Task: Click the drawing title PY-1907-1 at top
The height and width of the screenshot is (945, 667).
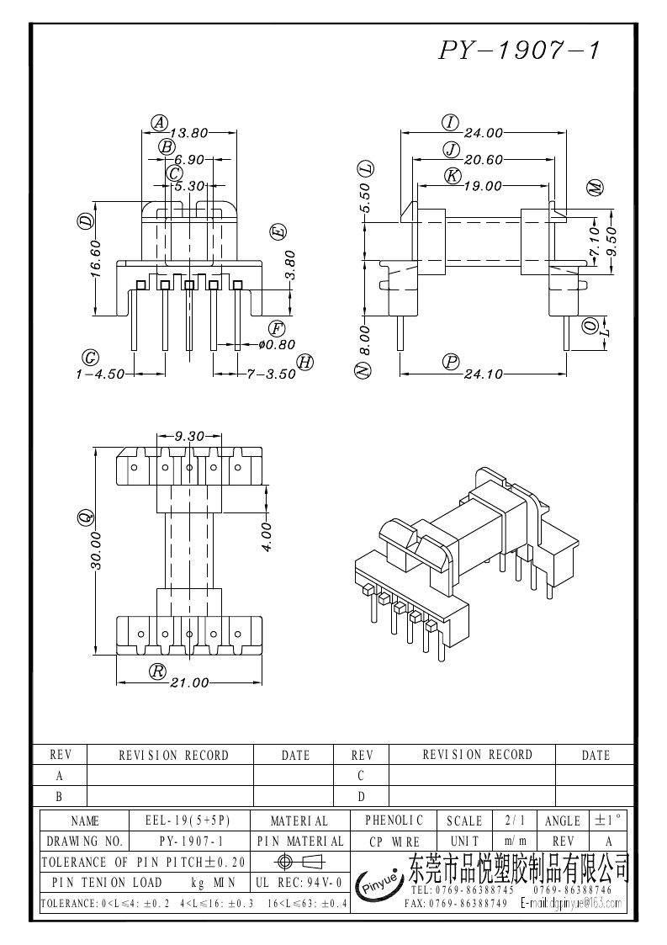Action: pos(519,51)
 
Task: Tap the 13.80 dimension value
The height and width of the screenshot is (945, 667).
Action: pos(189,132)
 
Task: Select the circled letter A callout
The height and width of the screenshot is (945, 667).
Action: pos(159,122)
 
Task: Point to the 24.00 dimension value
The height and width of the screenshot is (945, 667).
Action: pos(484,132)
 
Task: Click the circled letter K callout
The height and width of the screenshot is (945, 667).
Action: pos(453,176)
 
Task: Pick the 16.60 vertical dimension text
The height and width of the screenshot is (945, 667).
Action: pos(95,257)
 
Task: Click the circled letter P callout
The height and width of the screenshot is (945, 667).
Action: pos(452,362)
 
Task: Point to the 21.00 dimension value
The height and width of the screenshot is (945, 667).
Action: pos(189,682)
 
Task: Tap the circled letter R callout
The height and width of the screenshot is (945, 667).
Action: pos(157,672)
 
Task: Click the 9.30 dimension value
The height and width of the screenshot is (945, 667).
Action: pos(189,437)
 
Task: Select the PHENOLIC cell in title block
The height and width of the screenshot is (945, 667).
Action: pos(394,820)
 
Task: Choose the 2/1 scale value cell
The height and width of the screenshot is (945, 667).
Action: pos(511,820)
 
